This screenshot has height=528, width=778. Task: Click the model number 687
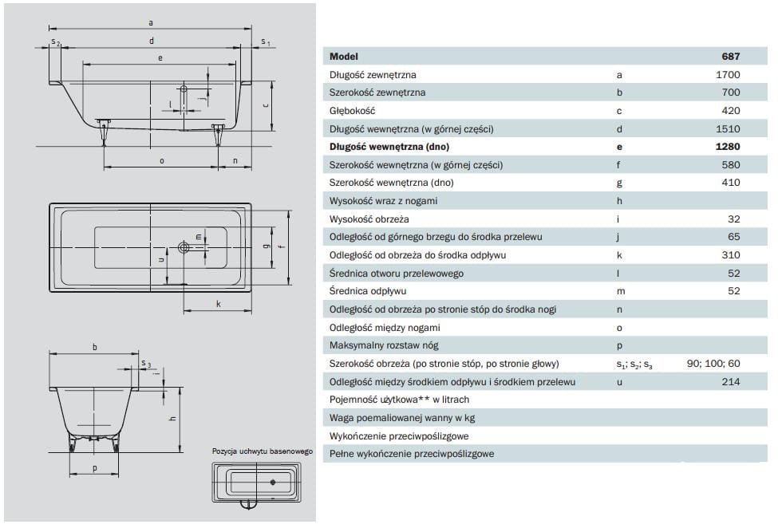[x=730, y=57]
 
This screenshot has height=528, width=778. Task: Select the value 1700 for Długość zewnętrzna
[x=728, y=75]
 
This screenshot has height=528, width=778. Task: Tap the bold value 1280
[x=728, y=147]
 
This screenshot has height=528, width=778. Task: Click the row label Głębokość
[x=352, y=111]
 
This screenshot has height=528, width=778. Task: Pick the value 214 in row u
[x=731, y=382]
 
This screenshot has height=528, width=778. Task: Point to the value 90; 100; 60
[x=713, y=364]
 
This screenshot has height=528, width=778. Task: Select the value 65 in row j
[x=734, y=237]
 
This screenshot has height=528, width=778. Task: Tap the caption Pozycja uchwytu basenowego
[x=263, y=451]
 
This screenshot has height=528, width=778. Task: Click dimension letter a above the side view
[x=151, y=23]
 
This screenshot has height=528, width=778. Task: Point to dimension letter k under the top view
[x=219, y=304]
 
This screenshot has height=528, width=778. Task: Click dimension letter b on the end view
[x=95, y=347]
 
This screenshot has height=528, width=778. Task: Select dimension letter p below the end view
[x=95, y=468]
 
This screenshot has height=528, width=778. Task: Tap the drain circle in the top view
[x=184, y=247]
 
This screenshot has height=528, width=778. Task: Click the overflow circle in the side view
[x=184, y=89]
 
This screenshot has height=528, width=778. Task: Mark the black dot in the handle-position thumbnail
[x=273, y=482]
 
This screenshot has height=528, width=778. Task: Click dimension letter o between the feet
[x=162, y=161]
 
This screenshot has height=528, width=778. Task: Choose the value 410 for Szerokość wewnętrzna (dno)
[x=731, y=183]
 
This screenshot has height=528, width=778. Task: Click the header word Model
[x=344, y=57]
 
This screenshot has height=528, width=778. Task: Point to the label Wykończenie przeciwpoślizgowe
[x=399, y=436]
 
